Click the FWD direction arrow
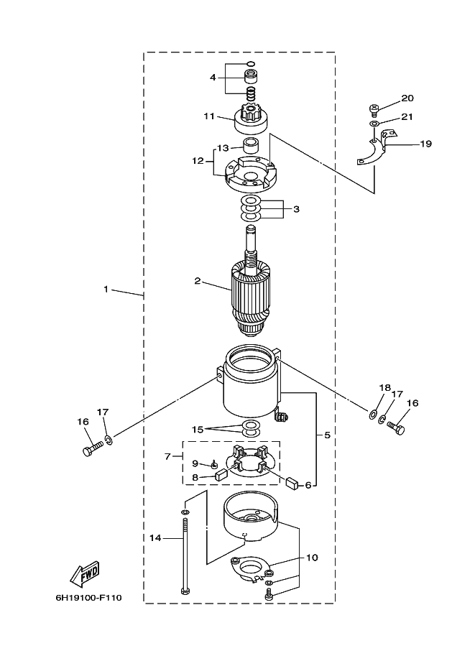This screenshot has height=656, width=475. [85, 573]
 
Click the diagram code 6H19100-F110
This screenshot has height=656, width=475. [88, 597]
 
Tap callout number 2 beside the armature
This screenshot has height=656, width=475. [198, 281]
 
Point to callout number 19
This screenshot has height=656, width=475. [425, 144]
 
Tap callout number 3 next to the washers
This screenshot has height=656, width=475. [296, 209]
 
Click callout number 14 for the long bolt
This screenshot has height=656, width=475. [155, 537]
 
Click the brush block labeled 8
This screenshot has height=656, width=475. [221, 474]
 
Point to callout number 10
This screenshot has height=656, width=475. [312, 558]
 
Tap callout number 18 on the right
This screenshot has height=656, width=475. [385, 387]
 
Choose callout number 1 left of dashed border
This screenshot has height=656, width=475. [106, 289]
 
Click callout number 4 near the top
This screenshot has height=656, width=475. [213, 78]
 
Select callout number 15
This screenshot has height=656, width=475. [198, 430]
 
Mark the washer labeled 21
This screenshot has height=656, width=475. [374, 124]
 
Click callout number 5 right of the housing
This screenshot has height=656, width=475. [327, 435]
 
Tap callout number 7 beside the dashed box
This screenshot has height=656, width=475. [168, 456]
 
